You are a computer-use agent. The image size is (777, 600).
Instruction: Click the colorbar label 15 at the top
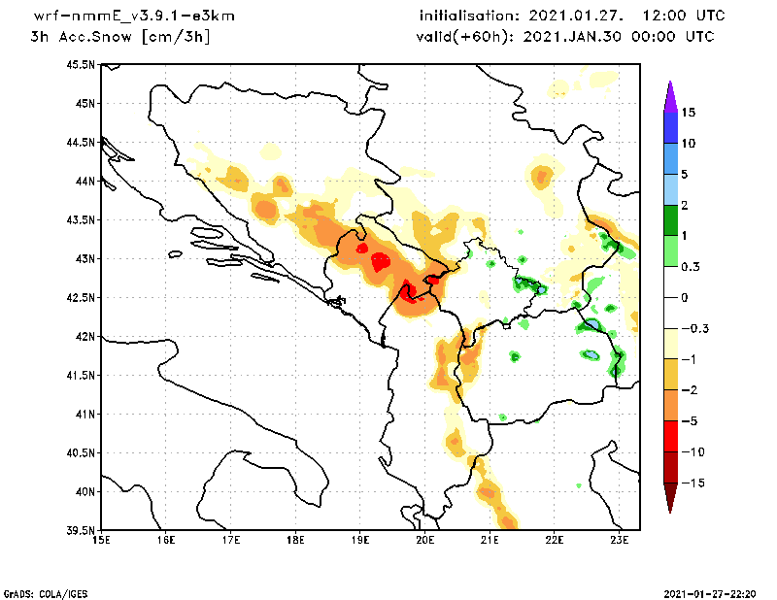point(688,113)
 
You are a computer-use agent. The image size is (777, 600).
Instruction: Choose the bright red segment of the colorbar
point(670,436)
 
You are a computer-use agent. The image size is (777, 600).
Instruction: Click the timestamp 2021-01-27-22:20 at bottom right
point(714,592)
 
